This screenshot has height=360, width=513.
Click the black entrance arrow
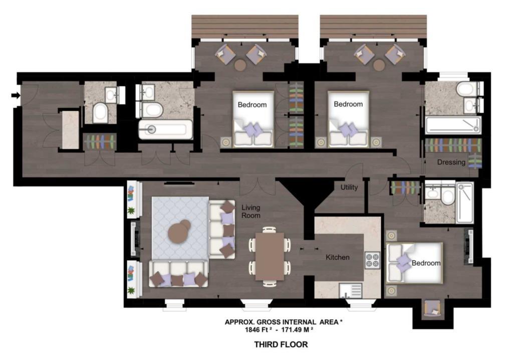[x=16, y=95]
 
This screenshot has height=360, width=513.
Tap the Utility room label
[x=349, y=188]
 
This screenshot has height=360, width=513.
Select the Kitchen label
[x=337, y=258]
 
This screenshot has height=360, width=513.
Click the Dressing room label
[x=451, y=162]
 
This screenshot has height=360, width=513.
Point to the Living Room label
[x=251, y=212]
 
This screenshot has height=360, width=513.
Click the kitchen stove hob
[x=372, y=260]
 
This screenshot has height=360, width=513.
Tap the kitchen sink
[x=351, y=290]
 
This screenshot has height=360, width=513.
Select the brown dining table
[x=270, y=256]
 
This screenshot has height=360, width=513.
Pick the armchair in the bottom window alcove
[x=432, y=308]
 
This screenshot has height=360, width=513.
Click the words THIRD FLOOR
[x=281, y=344]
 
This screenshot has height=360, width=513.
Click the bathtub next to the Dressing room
[x=453, y=125]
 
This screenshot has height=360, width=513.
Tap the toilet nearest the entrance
[x=100, y=112]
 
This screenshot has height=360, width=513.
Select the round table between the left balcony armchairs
[x=240, y=65]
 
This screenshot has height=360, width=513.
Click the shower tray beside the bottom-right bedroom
[x=464, y=203]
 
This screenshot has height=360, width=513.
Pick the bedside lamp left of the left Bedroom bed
[x=226, y=142]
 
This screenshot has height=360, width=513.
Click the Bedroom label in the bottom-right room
[x=426, y=263]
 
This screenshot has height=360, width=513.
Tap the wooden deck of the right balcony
[x=373, y=26]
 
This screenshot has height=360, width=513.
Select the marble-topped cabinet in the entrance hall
[x=71, y=130]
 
